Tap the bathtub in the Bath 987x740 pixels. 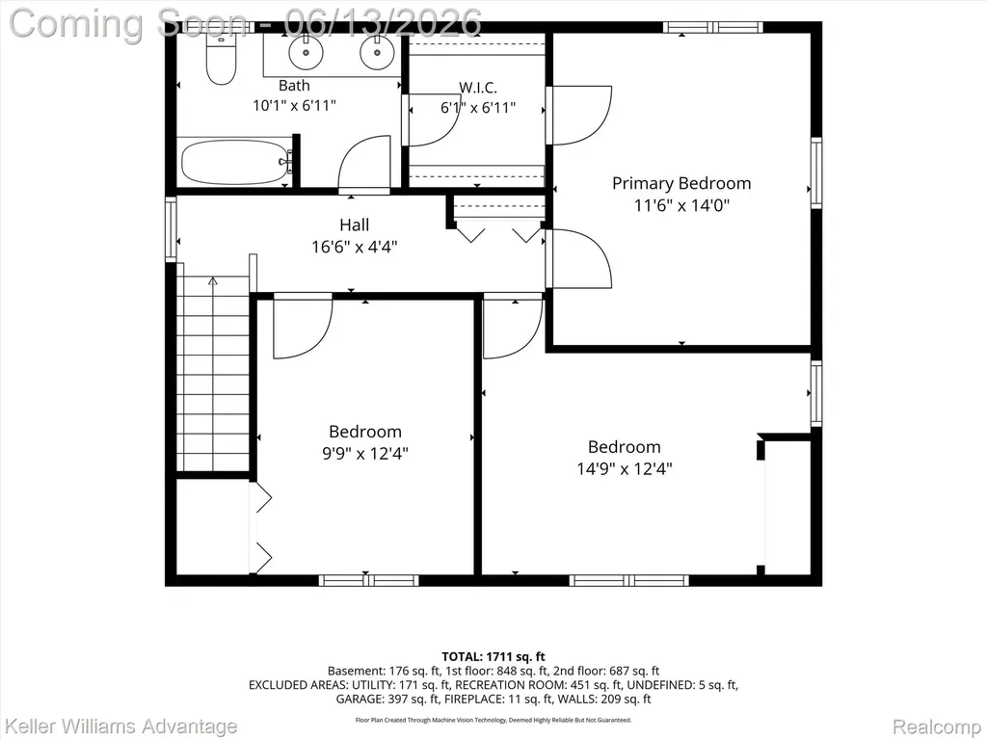pos(235,162)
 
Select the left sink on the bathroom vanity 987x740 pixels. pos(306,52)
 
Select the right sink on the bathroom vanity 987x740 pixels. pos(377,52)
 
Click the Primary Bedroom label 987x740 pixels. pos(681,183)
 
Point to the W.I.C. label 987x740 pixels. pos(478,87)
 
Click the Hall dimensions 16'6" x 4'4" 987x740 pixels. pos(355,247)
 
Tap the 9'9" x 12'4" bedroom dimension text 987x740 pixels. pos(365,453)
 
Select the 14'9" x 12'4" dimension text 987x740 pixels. pos(625,469)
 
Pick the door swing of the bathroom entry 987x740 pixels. pos(364,164)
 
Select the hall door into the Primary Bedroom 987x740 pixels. pos(578,258)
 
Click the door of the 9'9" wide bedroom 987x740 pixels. pos(303,326)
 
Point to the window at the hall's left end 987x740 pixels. pos(171,229)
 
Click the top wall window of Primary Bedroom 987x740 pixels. pos(712,27)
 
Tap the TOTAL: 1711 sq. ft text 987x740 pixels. pos(493,657)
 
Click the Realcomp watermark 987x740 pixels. pos(937,727)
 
